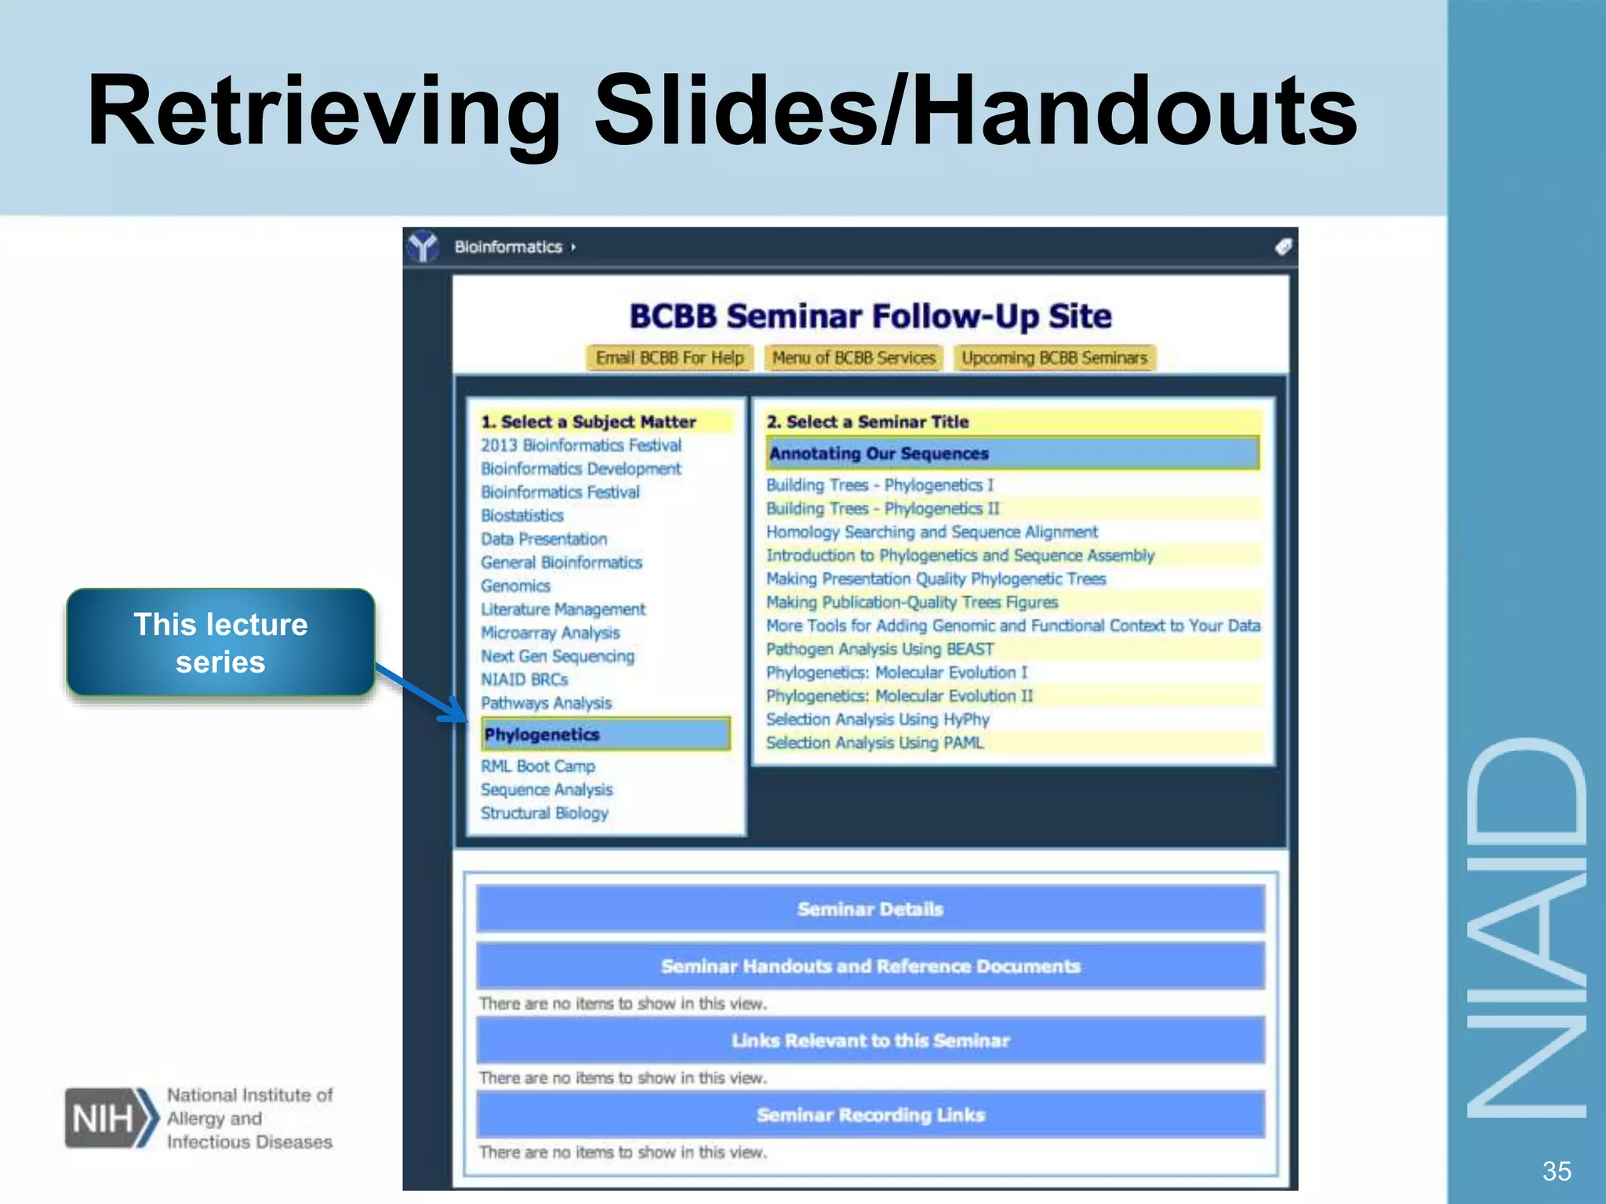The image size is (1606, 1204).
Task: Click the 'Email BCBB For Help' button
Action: pos(670,358)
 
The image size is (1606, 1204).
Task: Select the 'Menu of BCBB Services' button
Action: pos(854,358)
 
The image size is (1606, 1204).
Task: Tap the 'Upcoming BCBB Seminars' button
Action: pos(1054,358)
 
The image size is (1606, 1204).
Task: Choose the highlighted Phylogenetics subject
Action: pos(605,734)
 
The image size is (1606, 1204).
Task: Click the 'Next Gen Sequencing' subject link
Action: pos(558,656)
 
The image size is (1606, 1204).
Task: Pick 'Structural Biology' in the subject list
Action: pos(544,813)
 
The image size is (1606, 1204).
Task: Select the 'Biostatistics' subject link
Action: pos(522,516)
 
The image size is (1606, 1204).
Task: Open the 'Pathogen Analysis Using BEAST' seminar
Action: pos(880,649)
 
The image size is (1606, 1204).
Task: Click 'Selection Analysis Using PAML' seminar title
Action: pos(874,743)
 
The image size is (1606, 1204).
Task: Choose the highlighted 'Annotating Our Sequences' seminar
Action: pos(1012,454)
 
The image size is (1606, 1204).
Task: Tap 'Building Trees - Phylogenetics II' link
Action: pos(883,509)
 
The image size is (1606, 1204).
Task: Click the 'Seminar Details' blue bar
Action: pos(870,909)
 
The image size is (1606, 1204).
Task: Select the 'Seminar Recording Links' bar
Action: pos(870,1115)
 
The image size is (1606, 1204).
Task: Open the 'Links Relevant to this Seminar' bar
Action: pos(870,1041)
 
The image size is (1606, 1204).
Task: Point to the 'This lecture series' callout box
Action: pos(220,643)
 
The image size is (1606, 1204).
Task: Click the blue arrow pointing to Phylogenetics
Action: pos(423,694)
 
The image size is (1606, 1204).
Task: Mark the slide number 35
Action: pos(1556,1171)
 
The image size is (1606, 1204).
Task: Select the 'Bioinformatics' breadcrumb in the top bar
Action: pos(508,248)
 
